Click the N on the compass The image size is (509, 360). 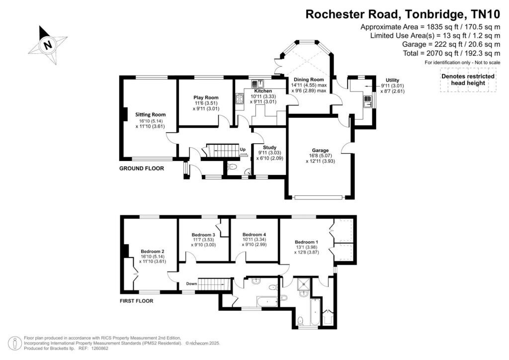tap(48, 44)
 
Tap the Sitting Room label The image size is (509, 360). tap(150, 114)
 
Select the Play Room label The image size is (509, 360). tap(206, 97)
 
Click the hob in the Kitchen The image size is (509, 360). tap(240, 98)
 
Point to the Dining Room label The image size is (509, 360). tap(309, 80)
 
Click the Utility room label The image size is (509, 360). tap(392, 80)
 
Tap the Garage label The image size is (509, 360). tap(320, 150)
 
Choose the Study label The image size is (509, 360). tap(269, 147)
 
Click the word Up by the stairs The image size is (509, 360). tap(243, 150)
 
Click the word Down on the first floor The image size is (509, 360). tap(191, 284)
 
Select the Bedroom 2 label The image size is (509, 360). tap(152, 251)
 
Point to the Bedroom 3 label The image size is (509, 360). tap(203, 235)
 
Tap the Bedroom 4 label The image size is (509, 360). tap(254, 234)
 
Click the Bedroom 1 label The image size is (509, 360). tap(306, 242)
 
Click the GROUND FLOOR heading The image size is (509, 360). tap(142, 168)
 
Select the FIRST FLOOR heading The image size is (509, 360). tap(136, 301)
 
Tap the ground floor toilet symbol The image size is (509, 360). tap(232, 167)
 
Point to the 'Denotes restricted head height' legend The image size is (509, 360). tap(468, 80)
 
